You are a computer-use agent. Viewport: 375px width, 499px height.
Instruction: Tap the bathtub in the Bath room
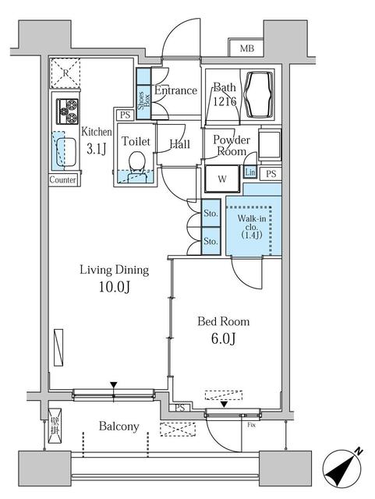point(259,88)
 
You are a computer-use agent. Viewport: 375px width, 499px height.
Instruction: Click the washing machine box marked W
point(222,178)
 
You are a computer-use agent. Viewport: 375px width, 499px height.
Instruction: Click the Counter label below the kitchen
point(62,179)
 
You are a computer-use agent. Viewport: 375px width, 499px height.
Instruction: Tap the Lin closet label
point(250,172)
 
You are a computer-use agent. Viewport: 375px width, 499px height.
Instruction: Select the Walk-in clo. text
point(250,227)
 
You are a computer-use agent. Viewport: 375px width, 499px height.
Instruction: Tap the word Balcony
point(119,426)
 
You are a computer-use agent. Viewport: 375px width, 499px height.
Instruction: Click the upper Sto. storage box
point(210,213)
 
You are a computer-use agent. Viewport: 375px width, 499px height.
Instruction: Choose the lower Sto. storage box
point(210,240)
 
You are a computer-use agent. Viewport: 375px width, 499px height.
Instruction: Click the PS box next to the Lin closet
point(271,173)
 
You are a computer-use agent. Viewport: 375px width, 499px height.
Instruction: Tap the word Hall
point(180,145)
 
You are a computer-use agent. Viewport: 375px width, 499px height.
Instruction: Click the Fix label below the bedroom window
point(251,426)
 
